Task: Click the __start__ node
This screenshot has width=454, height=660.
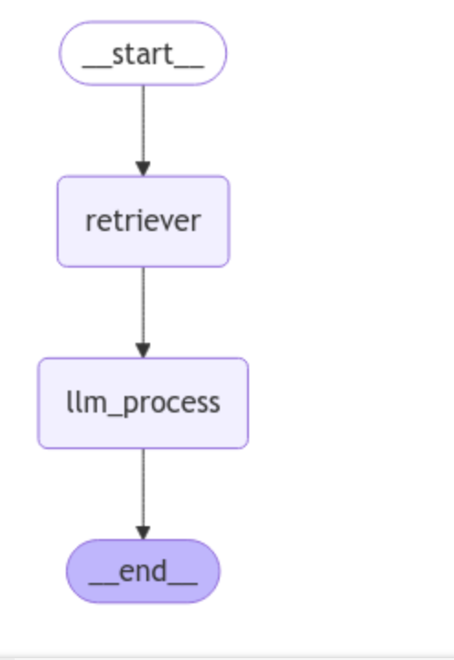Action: tap(143, 53)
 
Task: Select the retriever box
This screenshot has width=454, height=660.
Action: tap(143, 221)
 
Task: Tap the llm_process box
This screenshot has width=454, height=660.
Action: tap(143, 402)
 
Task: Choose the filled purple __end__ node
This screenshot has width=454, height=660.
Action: tap(143, 571)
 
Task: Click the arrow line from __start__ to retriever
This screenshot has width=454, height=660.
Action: tap(143, 124)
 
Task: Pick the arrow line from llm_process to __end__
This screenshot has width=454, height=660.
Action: tap(143, 486)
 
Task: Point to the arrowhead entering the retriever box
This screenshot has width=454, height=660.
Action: tap(143, 168)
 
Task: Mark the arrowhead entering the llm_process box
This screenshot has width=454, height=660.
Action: tap(143, 350)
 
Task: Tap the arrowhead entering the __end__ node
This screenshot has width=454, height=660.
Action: tap(143, 532)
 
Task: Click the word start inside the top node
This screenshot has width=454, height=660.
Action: tap(143, 53)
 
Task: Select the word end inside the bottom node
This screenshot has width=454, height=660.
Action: tap(143, 571)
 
